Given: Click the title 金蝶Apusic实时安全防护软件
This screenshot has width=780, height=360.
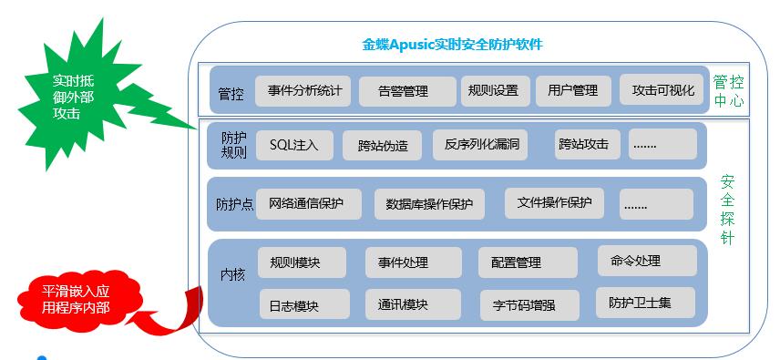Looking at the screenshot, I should (453, 45).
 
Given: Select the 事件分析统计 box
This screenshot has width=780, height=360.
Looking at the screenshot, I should (303, 91).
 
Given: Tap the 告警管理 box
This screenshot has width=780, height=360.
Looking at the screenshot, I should (405, 92).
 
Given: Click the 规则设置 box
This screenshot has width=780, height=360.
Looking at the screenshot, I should (493, 91).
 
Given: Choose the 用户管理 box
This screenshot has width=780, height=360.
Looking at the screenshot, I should (572, 91).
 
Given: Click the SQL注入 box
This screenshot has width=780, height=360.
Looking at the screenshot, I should (293, 145).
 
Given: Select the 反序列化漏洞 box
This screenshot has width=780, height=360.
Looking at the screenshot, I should (481, 144).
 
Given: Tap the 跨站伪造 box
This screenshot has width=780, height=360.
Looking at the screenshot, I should (383, 146).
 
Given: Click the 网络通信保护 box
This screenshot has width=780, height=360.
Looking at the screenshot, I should (307, 203).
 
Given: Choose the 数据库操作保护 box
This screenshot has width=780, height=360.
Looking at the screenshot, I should (429, 204).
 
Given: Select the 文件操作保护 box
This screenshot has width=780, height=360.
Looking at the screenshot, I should (555, 202).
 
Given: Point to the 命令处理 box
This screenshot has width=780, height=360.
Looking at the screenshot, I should (647, 261).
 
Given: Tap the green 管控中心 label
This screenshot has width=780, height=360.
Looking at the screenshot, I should (728, 91).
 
